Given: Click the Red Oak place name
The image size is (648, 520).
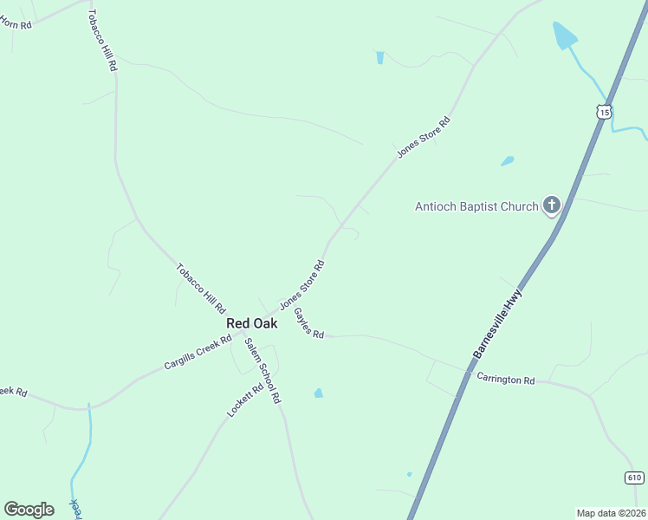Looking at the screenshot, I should click(x=251, y=323).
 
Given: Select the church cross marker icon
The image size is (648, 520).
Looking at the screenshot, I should click(x=551, y=206).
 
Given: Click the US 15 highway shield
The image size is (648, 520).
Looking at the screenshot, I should click(x=604, y=112).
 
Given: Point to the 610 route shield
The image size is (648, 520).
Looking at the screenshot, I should click(x=634, y=478).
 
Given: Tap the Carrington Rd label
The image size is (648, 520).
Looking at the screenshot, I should click(x=506, y=380).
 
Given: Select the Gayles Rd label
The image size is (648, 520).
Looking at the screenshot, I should click(x=308, y=322).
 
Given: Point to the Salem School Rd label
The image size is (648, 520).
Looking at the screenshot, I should click(x=262, y=370).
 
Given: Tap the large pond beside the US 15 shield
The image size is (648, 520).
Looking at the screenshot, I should click(x=565, y=35).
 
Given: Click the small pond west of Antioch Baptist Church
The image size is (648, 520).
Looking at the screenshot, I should click(x=508, y=160).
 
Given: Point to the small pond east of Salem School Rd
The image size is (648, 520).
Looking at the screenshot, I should click(x=319, y=393).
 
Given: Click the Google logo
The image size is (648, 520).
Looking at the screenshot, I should click(x=29, y=510).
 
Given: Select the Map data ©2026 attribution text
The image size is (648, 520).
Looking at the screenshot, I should click(x=611, y=512).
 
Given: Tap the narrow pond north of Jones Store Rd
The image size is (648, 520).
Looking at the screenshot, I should click(x=379, y=58).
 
